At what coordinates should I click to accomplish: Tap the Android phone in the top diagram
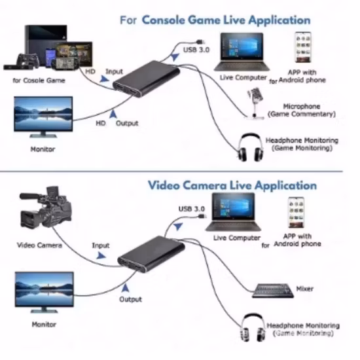[302, 46]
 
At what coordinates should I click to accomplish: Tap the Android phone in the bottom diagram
[298, 213]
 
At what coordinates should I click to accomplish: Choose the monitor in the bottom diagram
[43, 291]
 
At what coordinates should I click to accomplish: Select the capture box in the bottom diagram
[147, 251]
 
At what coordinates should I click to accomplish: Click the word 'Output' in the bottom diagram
[130, 299]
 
